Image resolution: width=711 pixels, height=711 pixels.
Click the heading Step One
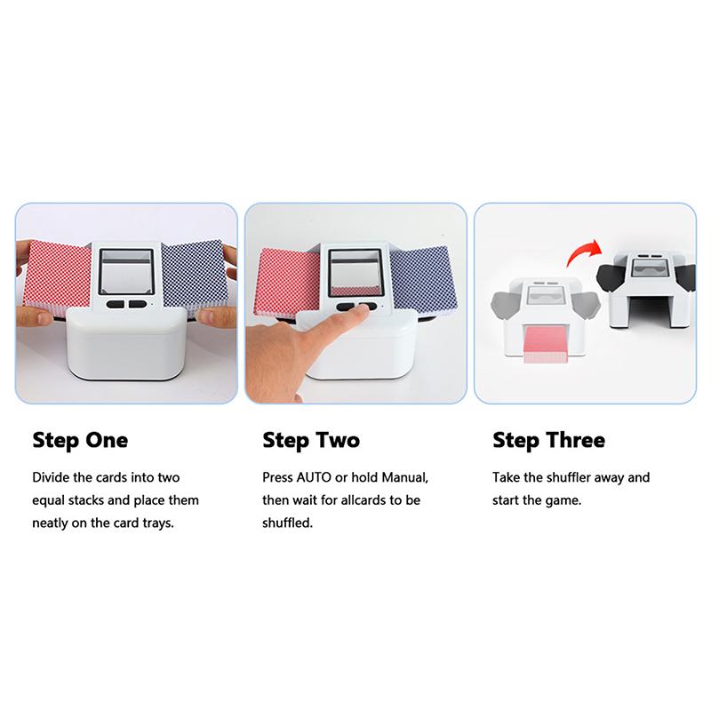tap(80, 440)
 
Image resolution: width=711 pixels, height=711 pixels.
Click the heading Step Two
tap(311, 440)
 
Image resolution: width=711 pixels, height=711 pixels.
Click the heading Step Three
tap(548, 440)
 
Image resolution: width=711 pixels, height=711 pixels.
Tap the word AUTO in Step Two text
tap(318, 477)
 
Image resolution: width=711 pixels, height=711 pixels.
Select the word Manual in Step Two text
tap(403, 477)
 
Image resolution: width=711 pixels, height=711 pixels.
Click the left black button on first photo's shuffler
tap(116, 305)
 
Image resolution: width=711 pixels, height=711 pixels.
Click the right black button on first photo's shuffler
tap(136, 305)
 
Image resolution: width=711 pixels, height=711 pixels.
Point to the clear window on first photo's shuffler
tap(125, 271)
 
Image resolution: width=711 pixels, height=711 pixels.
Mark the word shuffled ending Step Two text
tap(286, 523)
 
